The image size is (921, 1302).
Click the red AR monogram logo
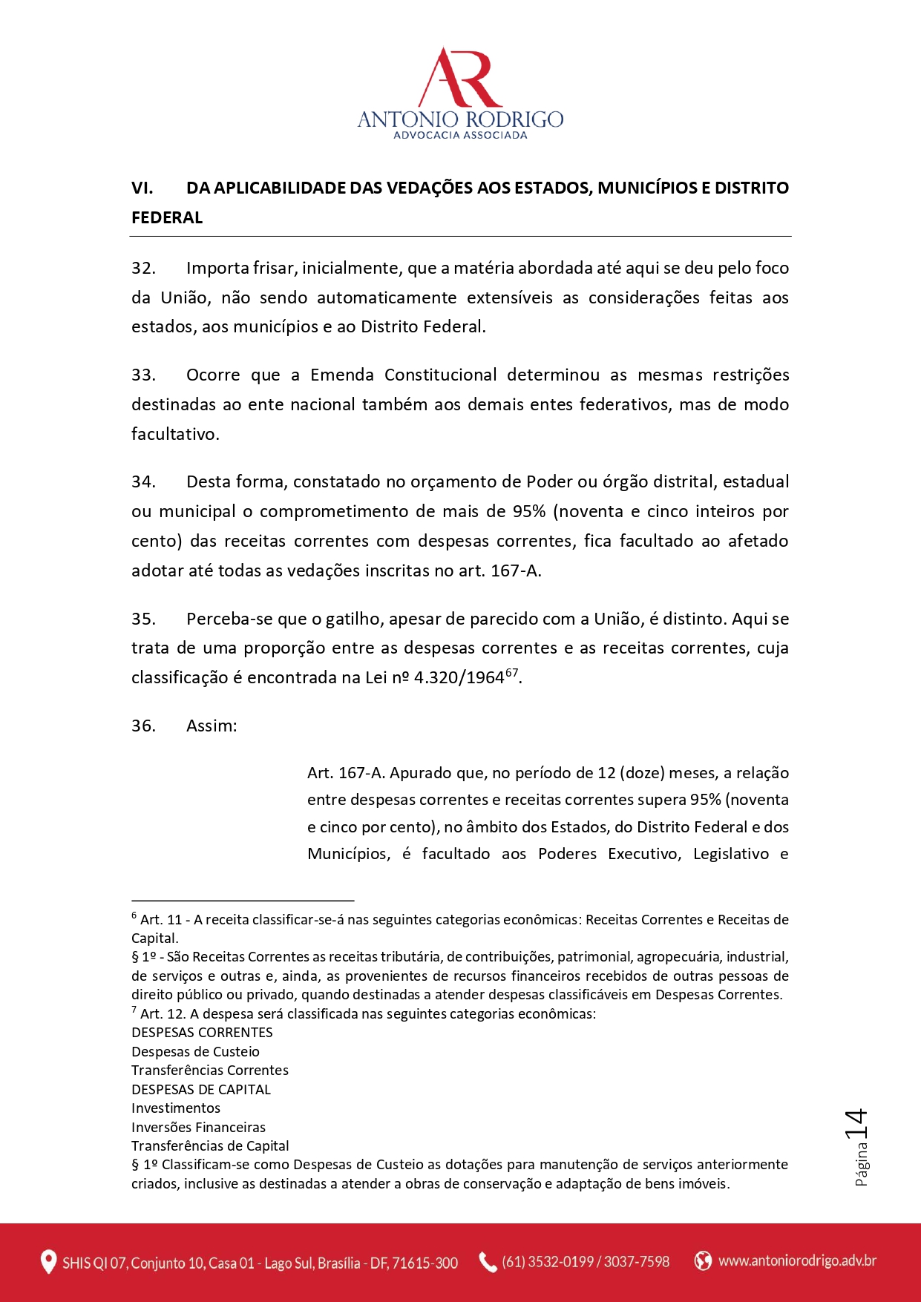460,78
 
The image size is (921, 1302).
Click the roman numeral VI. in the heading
142,188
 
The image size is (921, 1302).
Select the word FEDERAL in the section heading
167,217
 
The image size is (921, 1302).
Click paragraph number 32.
143,268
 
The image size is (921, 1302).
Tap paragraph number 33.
143,375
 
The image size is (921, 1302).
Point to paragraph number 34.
143,481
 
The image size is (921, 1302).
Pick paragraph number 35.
143,619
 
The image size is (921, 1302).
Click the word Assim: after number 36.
212,726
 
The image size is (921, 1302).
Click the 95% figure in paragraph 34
529,511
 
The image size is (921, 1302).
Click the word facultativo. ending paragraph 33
175,434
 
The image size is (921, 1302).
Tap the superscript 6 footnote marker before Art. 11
134,915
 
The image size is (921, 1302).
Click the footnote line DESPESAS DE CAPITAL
201,1089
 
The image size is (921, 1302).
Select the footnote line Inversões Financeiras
198,1127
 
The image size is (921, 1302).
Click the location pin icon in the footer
48,1262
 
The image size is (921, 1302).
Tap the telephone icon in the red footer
488,1262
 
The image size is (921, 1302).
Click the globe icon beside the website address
703,1260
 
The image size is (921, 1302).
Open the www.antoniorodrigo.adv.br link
797,1260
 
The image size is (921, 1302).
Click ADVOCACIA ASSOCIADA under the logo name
460,135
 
